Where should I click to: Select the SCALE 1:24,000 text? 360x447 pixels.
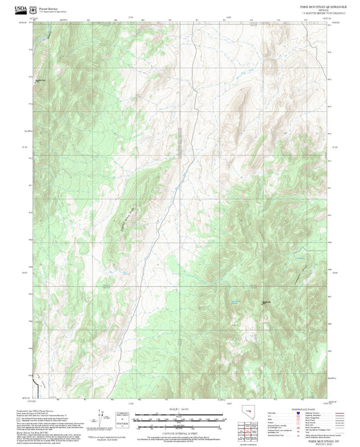click(x=180, y=407)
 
